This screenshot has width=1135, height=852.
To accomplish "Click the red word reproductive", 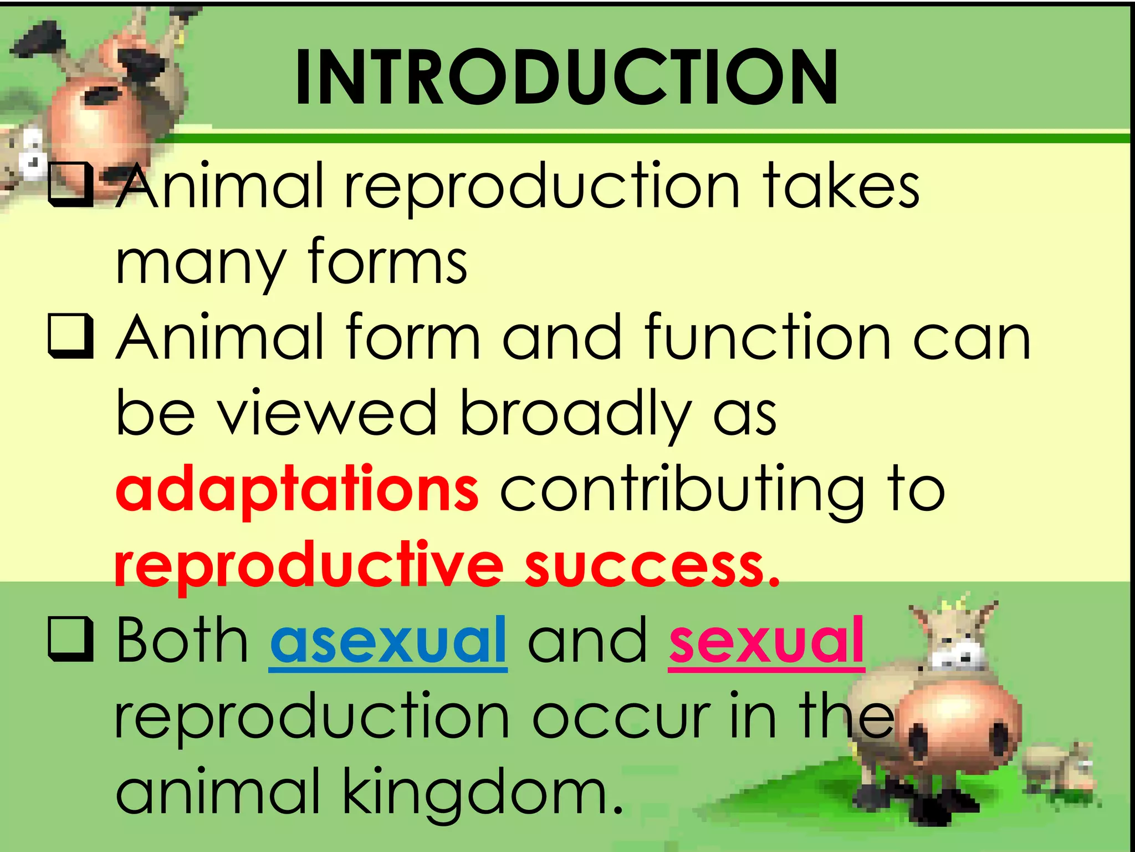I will click(309, 566).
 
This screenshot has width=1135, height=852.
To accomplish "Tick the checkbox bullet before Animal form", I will click(70, 336).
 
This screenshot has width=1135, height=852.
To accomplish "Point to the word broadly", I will click(576, 413).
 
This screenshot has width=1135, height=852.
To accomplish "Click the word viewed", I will click(327, 413).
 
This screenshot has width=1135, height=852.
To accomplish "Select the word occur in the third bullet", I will click(621, 717).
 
